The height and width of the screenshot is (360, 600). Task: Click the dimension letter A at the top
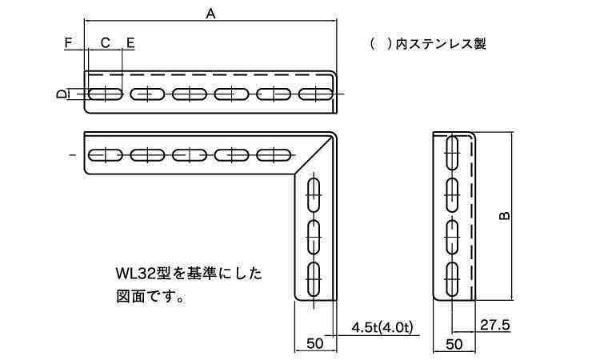[x=210, y=14]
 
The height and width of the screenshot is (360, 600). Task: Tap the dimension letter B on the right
[x=505, y=216]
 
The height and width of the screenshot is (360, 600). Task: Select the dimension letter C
[x=106, y=42]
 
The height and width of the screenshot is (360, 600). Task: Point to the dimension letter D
[x=61, y=94]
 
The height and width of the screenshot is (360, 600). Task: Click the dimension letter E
[x=130, y=42]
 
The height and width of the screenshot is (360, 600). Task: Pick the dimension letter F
[x=68, y=42]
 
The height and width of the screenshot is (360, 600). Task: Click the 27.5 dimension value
[x=495, y=326]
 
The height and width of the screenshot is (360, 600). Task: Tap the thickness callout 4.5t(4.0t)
[x=382, y=327]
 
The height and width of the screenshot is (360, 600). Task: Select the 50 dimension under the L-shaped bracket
[x=315, y=343]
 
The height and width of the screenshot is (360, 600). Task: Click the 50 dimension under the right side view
[x=454, y=344]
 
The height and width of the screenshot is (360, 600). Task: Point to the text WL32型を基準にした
[x=189, y=274]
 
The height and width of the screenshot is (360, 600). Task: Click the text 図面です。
[x=150, y=297]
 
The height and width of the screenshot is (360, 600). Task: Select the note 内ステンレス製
[x=441, y=44]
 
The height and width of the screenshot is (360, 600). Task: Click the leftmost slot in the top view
[x=106, y=94]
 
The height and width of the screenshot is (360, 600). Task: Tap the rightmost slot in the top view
[x=315, y=94]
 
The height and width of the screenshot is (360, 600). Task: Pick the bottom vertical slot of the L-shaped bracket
[x=314, y=280]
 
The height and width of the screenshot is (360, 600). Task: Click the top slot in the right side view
[x=452, y=153]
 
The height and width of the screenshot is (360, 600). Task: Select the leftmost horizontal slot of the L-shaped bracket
[x=106, y=155]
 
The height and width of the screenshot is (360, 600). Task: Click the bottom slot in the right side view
[x=452, y=279]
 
